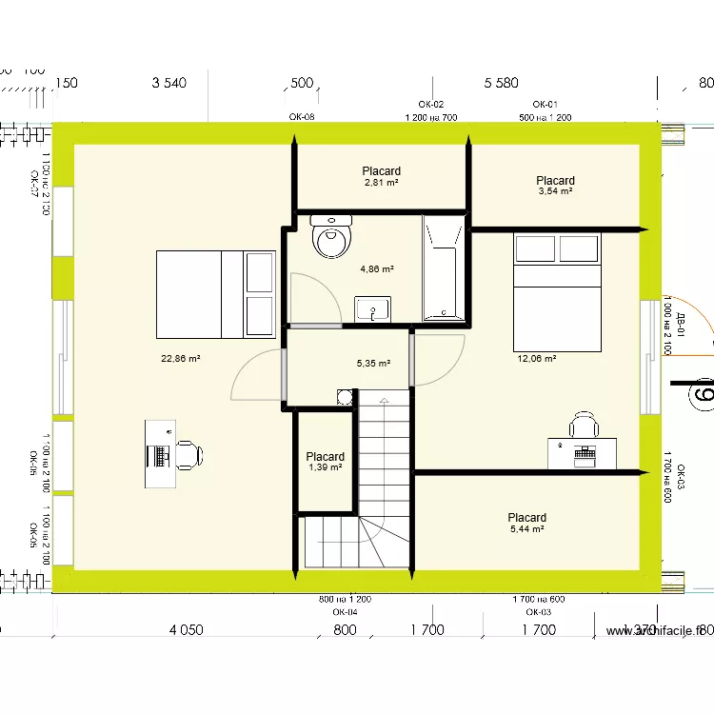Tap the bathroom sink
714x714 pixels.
[x=373, y=309]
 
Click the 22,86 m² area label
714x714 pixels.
[x=181, y=359]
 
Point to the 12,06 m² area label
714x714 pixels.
[x=536, y=359]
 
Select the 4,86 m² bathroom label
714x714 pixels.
[x=376, y=269]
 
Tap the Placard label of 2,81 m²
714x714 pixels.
[x=381, y=171]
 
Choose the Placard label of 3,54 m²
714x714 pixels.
[x=555, y=181]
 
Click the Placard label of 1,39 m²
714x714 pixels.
[x=326, y=457]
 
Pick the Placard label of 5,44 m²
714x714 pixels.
[x=526, y=518]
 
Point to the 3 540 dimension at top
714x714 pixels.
[x=169, y=83]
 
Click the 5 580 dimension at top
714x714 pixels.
[x=501, y=83]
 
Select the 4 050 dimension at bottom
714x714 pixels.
[x=186, y=629]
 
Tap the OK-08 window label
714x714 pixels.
[x=302, y=117]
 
